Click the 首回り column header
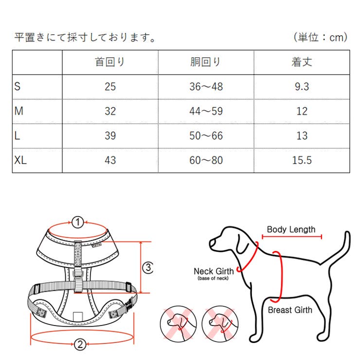coord(110,62)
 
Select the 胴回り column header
coord(206,62)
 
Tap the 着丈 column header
coord(302,62)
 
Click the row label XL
coord(21,160)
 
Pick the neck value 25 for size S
coord(110,87)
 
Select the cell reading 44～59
coord(206,111)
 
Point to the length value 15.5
coord(302,160)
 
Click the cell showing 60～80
coord(206,160)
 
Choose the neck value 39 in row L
coord(110,136)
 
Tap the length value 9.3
coord(302,87)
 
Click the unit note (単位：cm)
coord(320,37)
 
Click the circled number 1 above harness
coord(78,222)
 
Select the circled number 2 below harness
coord(81,345)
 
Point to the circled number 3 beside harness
coord(148,267)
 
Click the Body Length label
coord(291,229)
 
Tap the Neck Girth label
coord(214,271)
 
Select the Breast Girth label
coord(290,310)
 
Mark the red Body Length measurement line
coord(291,237)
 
